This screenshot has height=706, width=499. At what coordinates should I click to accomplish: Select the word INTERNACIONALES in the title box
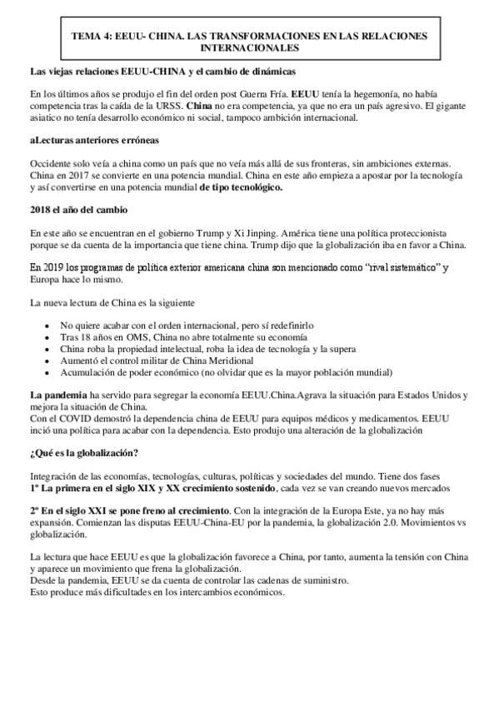pyautogui.click(x=249, y=48)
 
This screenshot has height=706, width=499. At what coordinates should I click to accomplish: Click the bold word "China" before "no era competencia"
pyautogui.click(x=199, y=107)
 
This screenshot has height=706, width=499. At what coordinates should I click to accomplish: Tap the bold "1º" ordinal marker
pyautogui.click(x=34, y=487)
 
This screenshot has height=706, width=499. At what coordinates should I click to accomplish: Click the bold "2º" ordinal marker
pyautogui.click(x=34, y=508)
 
